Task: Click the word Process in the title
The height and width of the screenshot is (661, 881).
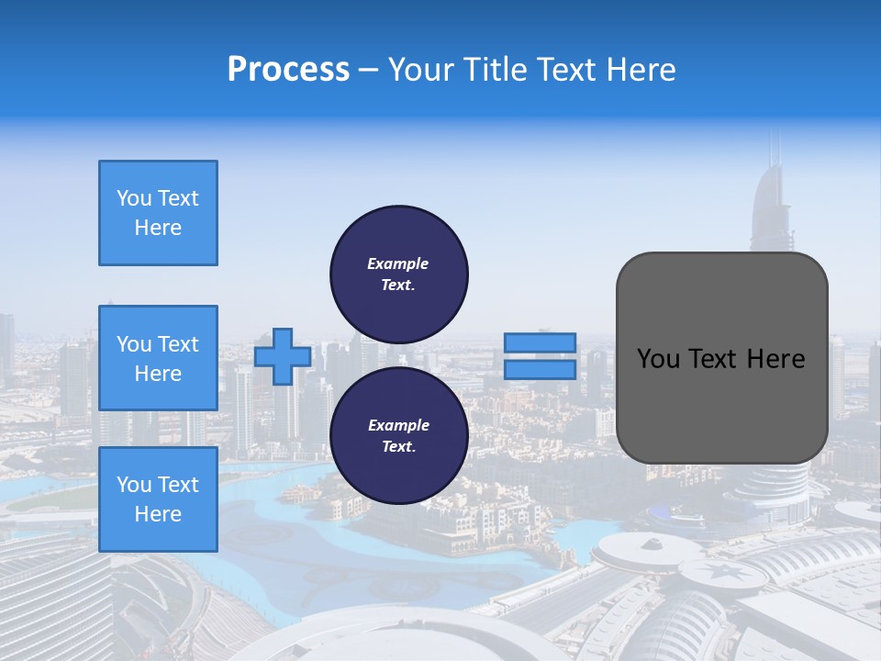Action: (x=288, y=70)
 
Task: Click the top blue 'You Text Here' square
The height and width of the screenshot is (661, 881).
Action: (x=158, y=213)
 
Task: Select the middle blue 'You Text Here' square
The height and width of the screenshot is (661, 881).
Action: (x=158, y=358)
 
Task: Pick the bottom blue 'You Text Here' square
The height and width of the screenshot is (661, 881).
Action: (x=158, y=499)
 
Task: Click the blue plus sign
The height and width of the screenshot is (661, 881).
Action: (x=283, y=356)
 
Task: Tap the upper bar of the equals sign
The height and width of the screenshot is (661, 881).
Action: (x=540, y=342)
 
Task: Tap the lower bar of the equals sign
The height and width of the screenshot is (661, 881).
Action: (x=540, y=369)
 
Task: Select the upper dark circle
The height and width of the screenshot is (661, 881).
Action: (x=398, y=274)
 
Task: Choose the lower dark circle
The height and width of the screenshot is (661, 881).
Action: (x=398, y=436)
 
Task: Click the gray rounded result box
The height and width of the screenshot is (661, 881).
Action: (x=721, y=357)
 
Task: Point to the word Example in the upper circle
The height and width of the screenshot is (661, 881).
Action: (x=398, y=263)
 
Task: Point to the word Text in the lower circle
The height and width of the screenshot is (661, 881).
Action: (x=397, y=447)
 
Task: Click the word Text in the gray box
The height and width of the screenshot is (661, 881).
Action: (x=716, y=359)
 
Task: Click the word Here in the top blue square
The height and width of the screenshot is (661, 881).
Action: (x=158, y=228)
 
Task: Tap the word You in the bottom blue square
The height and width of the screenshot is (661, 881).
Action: (x=134, y=485)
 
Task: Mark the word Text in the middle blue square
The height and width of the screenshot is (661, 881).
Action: (x=178, y=344)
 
